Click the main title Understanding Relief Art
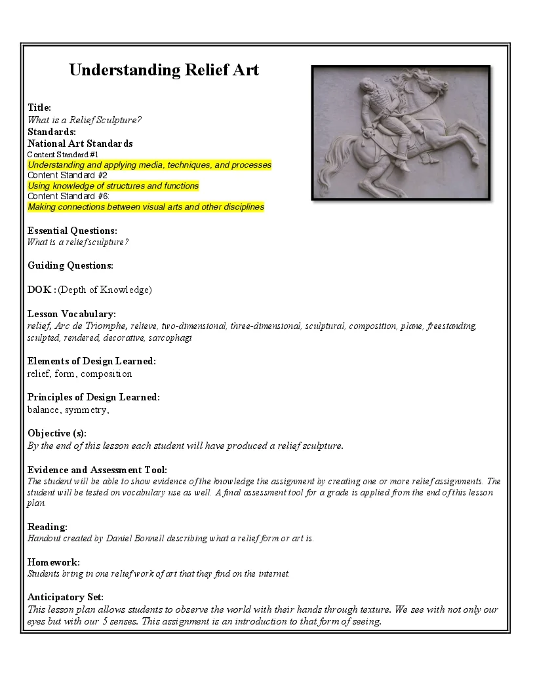pos(164,70)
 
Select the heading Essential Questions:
pos(72,231)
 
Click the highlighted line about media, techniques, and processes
pos(149,164)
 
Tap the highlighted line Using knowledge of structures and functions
pos(113,185)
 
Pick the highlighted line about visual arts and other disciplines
pos(146,206)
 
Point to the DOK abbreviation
pos(40,290)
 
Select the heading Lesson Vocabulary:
pos(71,314)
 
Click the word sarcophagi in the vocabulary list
pos(170,338)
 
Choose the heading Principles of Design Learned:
pos(93,397)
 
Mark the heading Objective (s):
pos(56,433)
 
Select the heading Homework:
pos(54,562)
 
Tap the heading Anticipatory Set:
pos(65,597)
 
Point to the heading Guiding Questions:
pos(70,265)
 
